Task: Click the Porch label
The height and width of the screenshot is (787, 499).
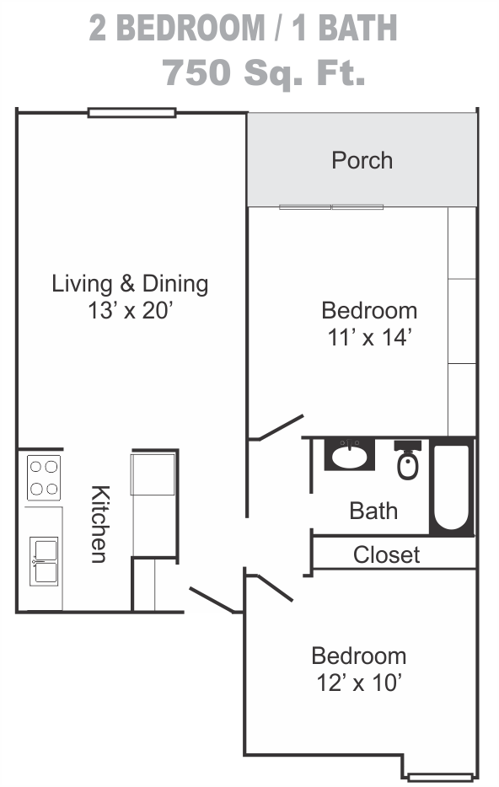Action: (x=362, y=161)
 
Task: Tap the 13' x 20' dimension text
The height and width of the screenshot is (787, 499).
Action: (x=131, y=310)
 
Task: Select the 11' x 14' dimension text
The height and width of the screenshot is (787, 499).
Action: (x=370, y=337)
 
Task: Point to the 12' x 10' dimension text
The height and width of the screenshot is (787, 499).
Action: (x=359, y=683)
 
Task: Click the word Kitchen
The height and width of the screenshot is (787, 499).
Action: (x=99, y=524)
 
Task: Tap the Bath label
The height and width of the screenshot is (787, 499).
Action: (x=373, y=511)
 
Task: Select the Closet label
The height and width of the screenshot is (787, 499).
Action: (x=387, y=554)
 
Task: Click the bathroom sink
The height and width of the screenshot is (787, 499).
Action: (x=350, y=454)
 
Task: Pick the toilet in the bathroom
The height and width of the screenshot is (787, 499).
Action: (x=408, y=460)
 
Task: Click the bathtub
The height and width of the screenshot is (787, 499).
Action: (x=452, y=487)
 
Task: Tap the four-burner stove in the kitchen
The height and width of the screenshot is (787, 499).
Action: (x=44, y=478)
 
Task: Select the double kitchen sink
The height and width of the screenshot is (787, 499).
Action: (x=44, y=561)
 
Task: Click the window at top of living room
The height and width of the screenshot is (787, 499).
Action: (x=132, y=113)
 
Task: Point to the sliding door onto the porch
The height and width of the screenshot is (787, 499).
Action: (x=331, y=206)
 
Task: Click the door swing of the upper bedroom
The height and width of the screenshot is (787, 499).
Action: (x=276, y=428)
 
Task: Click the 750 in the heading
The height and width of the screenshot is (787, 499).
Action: (x=196, y=72)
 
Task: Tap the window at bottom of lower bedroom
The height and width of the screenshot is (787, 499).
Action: (x=440, y=778)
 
